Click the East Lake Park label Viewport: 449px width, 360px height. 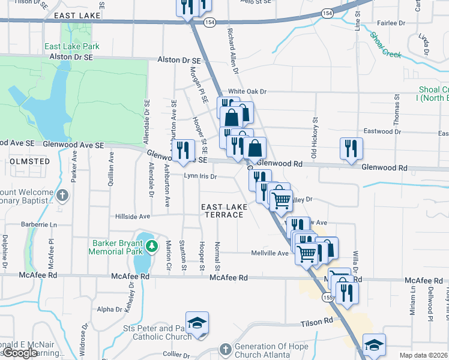71,46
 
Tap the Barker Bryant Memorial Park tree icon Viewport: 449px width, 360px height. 152,245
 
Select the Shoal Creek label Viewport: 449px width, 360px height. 385,45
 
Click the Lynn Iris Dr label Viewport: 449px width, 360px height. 200,176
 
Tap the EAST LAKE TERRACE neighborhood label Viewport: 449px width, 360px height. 224,211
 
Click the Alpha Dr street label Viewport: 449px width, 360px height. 109,310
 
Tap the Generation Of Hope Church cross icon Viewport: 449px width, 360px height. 225,349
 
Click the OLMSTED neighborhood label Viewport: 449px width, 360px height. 29,161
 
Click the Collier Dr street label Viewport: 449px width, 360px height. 176,354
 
